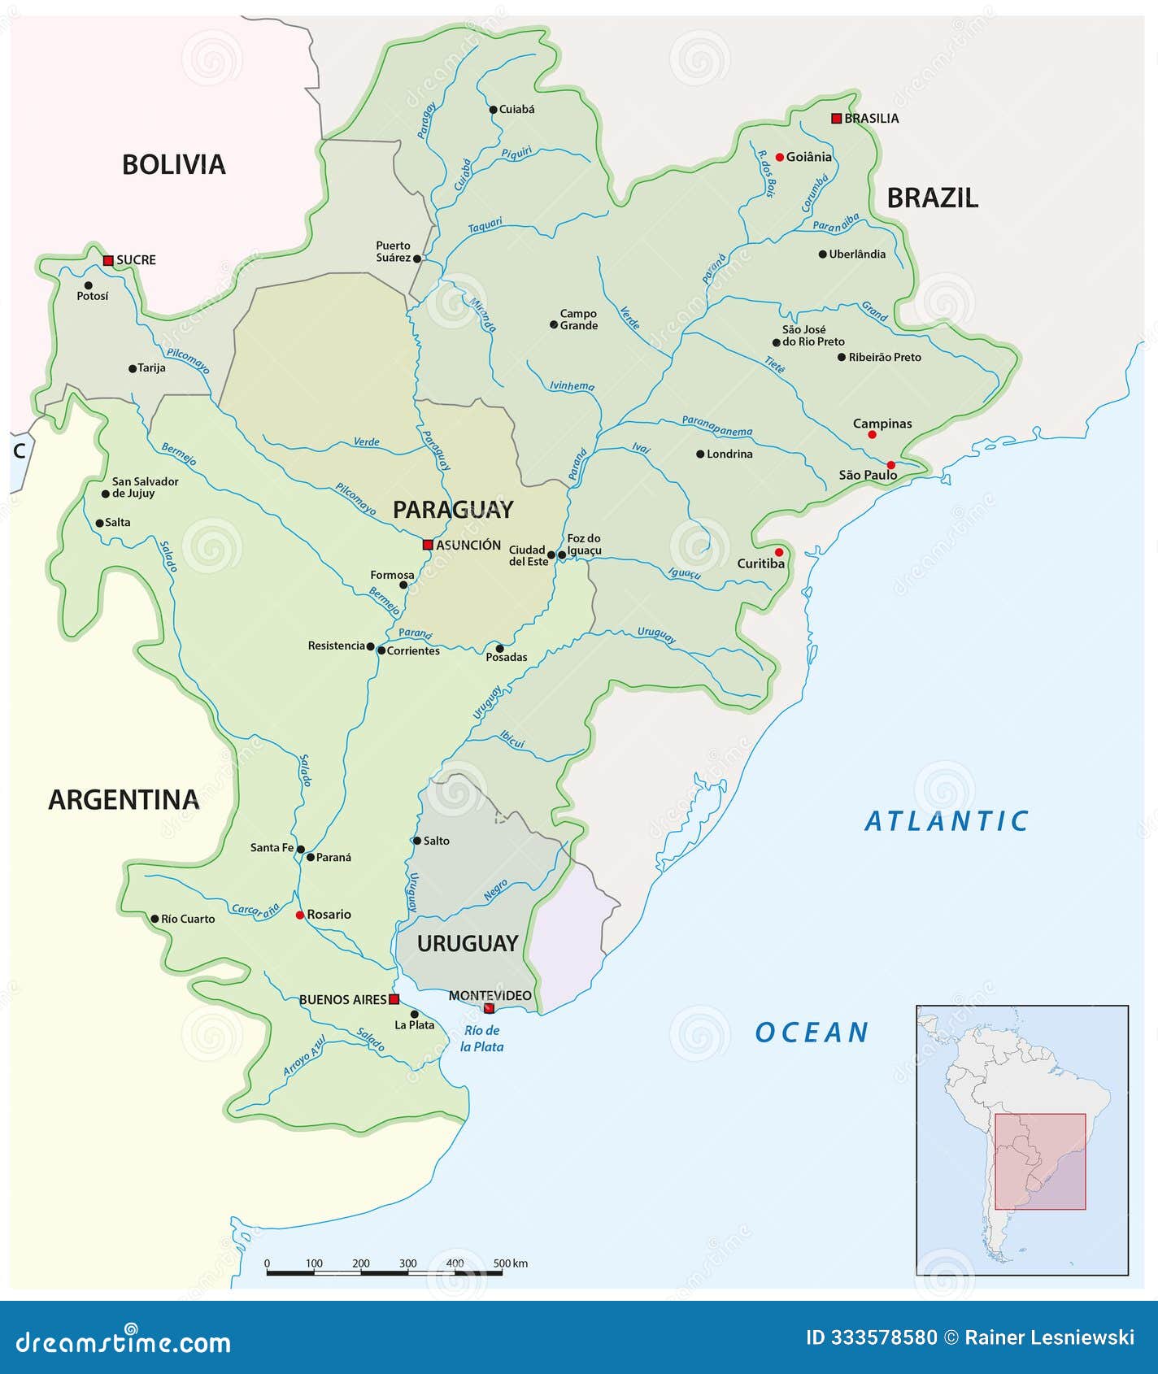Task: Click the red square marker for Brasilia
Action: point(836,119)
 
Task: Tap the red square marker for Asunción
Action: point(428,545)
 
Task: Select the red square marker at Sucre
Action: point(108,260)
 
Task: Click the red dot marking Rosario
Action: point(299,915)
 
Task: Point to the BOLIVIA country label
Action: point(173,165)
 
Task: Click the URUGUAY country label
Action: point(468,943)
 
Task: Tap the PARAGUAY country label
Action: point(453,510)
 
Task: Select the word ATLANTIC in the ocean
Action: point(947,821)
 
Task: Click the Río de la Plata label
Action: point(481,1038)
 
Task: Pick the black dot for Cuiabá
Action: point(493,110)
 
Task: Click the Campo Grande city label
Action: point(578,320)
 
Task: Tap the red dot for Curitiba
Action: point(779,552)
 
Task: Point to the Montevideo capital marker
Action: point(489,1008)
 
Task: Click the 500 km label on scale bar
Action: point(511,1263)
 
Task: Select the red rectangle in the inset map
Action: point(1040,1161)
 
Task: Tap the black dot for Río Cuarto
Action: point(155,919)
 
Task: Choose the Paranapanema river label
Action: point(716,426)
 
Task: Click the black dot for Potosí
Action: point(88,285)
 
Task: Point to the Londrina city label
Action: point(729,454)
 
